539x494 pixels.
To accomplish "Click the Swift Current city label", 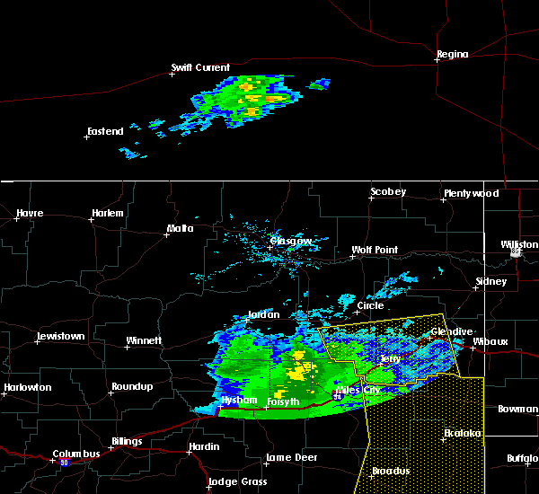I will click(201, 67).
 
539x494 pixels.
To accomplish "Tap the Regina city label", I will click(452, 55).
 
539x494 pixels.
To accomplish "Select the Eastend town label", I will click(105, 132).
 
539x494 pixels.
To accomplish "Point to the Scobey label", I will click(388, 192).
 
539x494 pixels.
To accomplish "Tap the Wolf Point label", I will click(375, 251).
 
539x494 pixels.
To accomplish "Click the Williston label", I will click(519, 244).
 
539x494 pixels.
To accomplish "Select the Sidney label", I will click(490, 282).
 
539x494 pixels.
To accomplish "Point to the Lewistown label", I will click(60, 337).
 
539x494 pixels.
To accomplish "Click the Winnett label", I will click(144, 341).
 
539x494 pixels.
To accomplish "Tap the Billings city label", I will click(127, 442).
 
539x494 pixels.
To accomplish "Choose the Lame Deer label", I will click(291, 458).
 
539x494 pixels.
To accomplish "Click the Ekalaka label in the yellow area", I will click(464, 434).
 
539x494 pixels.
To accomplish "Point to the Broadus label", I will click(391, 472).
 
